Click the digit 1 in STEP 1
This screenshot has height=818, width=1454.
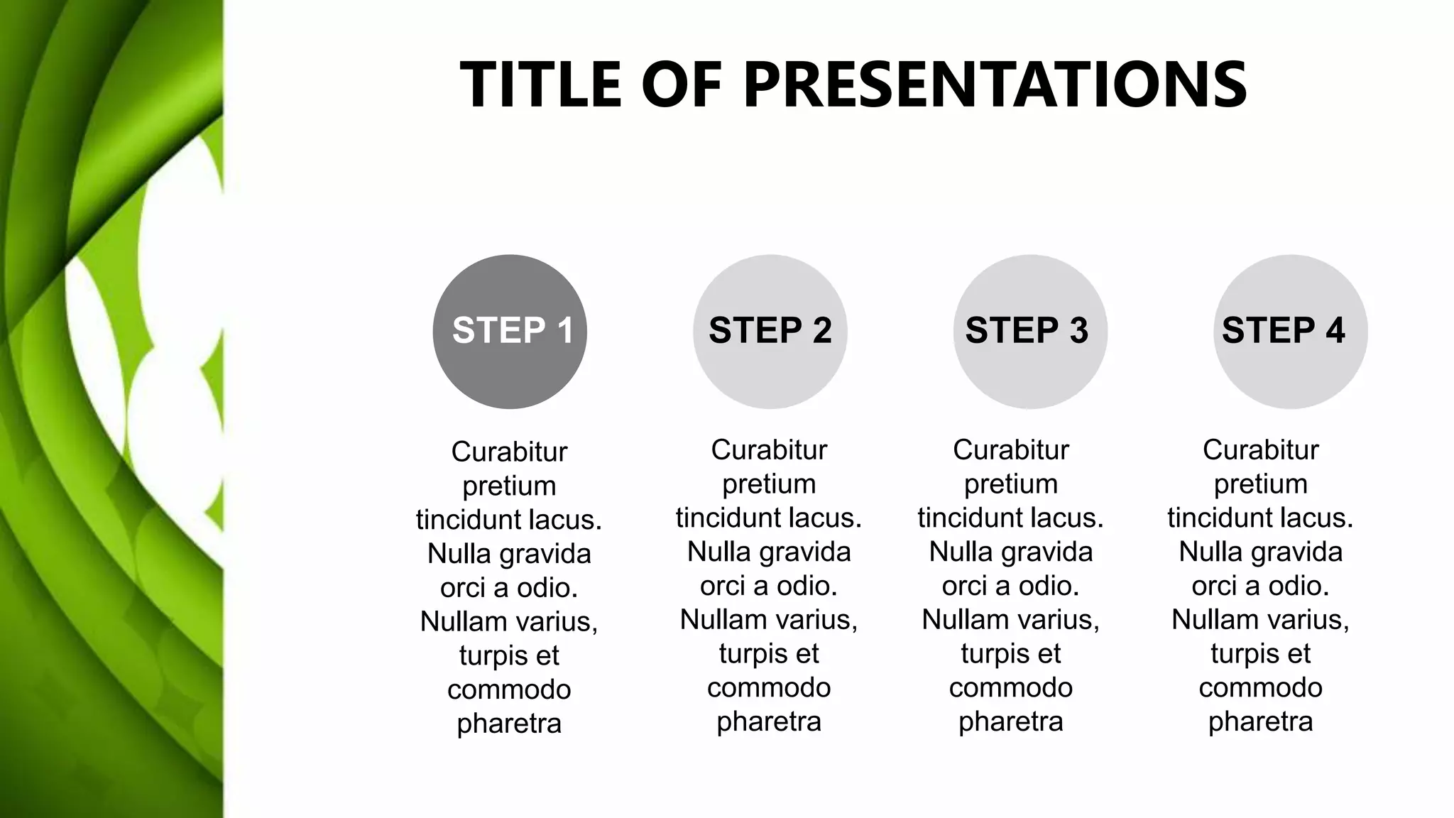point(565,331)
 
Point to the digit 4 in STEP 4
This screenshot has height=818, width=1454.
point(1335,331)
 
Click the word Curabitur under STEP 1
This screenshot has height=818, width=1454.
point(509,452)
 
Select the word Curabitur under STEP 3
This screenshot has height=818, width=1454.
point(1011,449)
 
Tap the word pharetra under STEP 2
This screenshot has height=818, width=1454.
point(769,721)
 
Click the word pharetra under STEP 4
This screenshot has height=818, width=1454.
point(1260,721)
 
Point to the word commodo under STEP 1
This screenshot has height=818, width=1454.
point(509,689)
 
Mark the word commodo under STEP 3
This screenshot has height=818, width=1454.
point(1011,687)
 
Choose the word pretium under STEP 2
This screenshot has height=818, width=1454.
point(769,484)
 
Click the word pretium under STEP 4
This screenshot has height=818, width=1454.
point(1260,484)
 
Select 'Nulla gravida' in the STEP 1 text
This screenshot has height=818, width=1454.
point(509,554)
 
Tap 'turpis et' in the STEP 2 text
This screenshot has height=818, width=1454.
point(769,653)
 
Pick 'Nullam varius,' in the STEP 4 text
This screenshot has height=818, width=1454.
point(1260,619)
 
